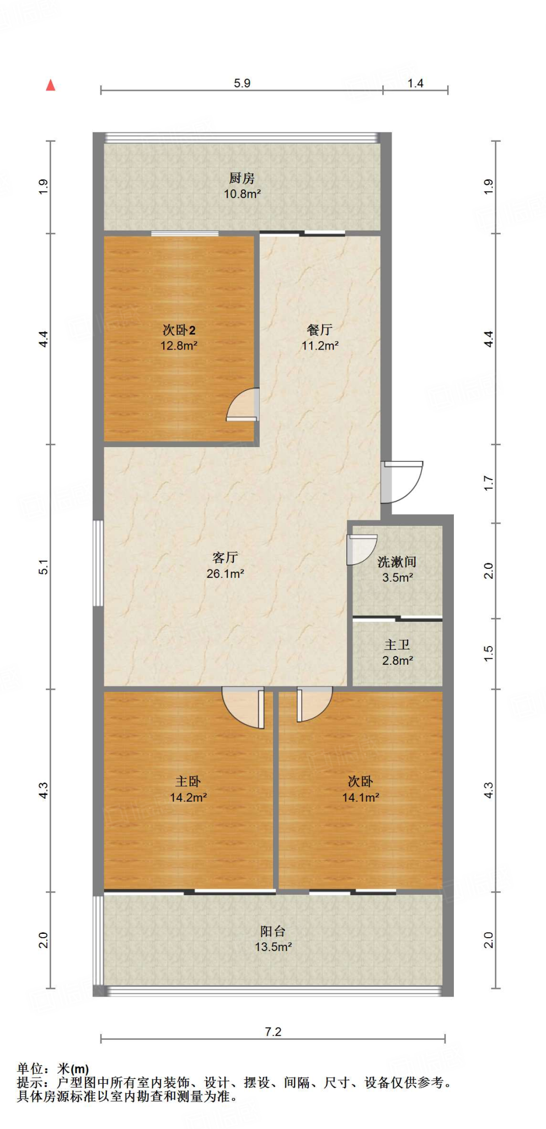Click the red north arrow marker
point(51,85)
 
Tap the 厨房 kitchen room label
point(242,179)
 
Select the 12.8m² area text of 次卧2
point(179,346)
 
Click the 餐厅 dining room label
point(320,330)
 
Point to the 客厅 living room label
point(225,557)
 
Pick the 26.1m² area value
point(225,574)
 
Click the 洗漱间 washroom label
point(397,562)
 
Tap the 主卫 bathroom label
point(397,644)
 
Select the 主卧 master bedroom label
point(188,781)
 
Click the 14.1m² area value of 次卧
point(361,798)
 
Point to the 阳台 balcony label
point(273,931)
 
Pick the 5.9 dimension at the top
point(242,83)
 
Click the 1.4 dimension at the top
point(415,83)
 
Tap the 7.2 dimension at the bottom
point(273,1031)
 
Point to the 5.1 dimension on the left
point(44,567)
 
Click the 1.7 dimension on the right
point(489,483)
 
